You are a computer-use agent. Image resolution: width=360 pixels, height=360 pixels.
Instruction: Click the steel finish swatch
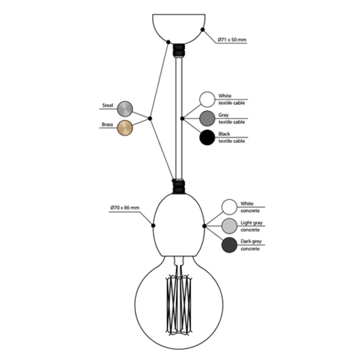[x=125, y=109]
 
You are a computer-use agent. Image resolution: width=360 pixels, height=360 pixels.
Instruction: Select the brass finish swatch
[x=125, y=128]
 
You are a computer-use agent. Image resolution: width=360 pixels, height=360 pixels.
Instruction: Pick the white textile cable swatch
[x=207, y=99]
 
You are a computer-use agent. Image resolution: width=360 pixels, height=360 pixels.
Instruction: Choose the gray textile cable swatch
[x=207, y=118]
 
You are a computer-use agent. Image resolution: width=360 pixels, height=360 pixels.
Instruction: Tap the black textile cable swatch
[x=207, y=138]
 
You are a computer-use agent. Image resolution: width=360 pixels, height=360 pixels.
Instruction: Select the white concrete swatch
[x=229, y=207]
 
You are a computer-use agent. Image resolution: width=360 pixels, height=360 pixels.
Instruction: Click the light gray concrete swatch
[x=229, y=226]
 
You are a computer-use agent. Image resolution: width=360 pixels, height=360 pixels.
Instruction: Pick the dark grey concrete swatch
[x=229, y=245]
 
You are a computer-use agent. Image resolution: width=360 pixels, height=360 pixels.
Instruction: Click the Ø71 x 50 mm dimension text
[x=232, y=40]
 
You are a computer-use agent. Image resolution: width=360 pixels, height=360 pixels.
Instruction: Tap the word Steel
[x=108, y=105]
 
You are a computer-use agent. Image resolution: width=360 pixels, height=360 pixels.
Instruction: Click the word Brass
[x=107, y=125]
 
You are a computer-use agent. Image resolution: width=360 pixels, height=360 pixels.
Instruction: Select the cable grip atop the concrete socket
[x=179, y=186]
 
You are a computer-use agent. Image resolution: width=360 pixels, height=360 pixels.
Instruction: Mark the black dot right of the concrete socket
[x=204, y=226]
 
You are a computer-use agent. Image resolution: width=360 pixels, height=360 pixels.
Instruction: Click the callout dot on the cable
[x=182, y=119]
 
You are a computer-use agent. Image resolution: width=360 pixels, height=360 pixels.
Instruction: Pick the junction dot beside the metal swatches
[x=150, y=119]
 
